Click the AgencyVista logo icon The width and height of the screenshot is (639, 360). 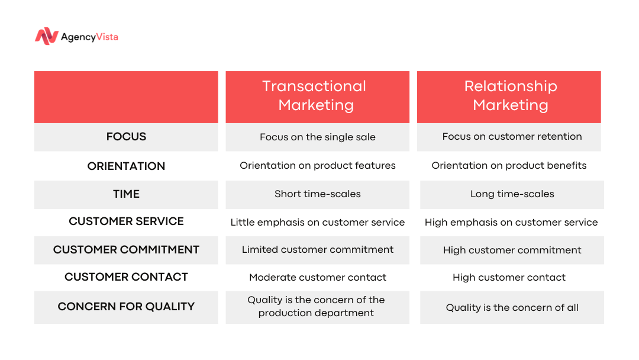coord(47,36)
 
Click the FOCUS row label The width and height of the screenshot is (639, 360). coord(127,137)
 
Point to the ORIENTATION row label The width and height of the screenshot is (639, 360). coord(127,166)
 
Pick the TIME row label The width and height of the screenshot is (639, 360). coord(127,194)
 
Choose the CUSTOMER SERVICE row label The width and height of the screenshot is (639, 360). coord(127,221)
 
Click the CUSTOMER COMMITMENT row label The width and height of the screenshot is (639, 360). coord(127,249)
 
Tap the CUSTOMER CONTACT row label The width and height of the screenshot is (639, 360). coord(127,277)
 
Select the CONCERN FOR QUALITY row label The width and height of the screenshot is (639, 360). coord(127,307)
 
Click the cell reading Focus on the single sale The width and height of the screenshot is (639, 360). coord(318,137)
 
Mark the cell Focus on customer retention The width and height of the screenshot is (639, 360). coord(512,137)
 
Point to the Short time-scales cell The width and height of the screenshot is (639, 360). coord(318,194)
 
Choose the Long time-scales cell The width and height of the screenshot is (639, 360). coord(512,194)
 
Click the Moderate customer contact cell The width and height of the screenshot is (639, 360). coord(318,277)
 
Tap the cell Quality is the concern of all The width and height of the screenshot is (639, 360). coord(512,307)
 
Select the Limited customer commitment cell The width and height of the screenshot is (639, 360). coord(318,249)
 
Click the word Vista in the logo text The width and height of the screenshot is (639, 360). coord(107,37)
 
